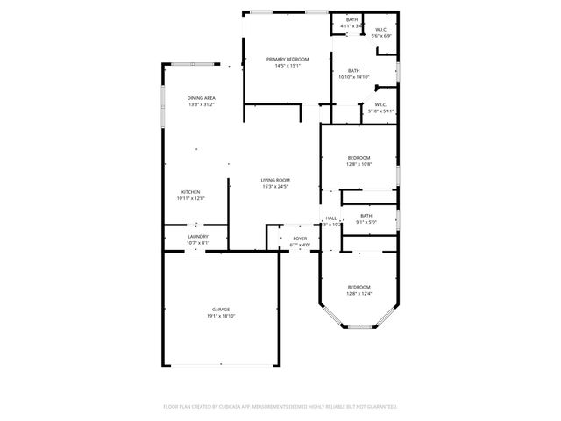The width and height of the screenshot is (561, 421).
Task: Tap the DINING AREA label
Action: [202, 97]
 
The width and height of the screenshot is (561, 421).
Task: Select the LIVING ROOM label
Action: [274, 180]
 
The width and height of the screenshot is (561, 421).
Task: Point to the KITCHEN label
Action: [191, 191]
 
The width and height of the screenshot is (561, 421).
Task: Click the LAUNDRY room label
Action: [197, 236]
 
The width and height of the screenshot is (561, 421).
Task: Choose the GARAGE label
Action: [220, 309]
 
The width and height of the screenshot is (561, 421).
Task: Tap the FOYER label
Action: [300, 238]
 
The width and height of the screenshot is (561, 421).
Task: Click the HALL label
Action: [331, 218]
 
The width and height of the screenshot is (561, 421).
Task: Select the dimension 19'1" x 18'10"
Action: [220, 316]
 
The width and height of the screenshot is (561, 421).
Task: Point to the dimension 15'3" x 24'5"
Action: [274, 186]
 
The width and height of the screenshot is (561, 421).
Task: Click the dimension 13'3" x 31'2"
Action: [202, 104]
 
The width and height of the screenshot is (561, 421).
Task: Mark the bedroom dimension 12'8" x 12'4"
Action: [359, 294]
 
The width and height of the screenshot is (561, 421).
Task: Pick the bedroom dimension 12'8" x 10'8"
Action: [359, 164]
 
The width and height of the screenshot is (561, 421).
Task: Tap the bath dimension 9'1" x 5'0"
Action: [366, 223]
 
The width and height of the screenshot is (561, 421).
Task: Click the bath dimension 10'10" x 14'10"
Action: [353, 77]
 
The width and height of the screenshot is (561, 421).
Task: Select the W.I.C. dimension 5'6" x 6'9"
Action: [380, 36]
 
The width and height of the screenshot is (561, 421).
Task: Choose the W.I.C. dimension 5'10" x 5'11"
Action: [380, 111]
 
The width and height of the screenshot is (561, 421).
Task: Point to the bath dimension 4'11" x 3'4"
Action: [352, 26]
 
